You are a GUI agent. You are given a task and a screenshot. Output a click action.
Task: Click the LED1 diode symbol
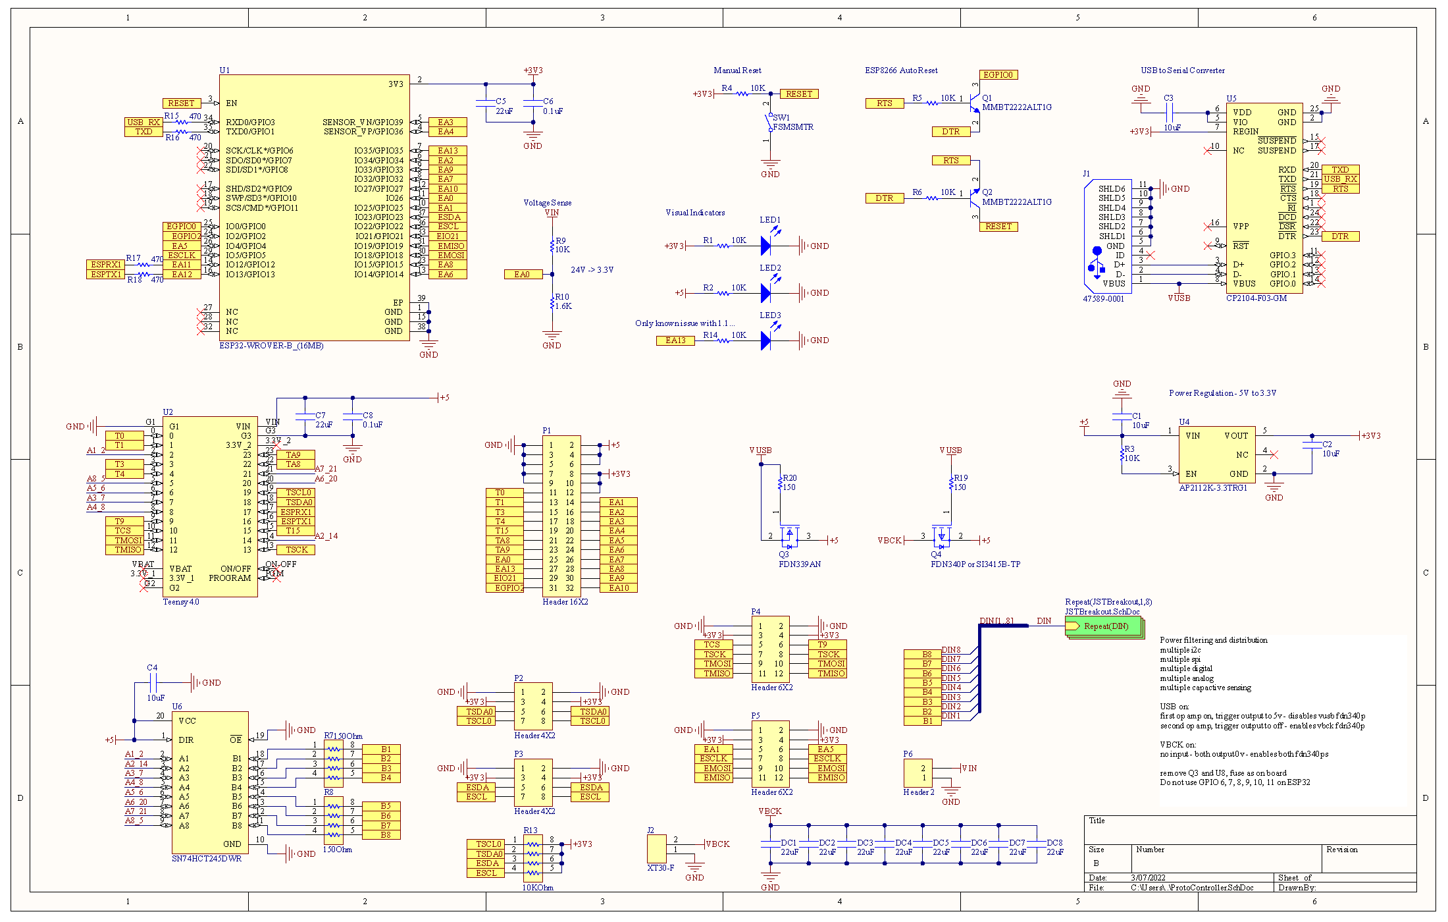pos(766,246)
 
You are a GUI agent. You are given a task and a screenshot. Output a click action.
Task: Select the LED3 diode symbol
pos(766,340)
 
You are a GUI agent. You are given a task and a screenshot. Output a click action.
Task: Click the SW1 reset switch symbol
pos(768,122)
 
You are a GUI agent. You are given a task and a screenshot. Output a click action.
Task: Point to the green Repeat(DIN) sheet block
pos(1104,626)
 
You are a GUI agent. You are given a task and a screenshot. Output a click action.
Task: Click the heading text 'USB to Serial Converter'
pos(1182,70)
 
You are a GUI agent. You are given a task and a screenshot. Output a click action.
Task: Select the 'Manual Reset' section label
pos(737,70)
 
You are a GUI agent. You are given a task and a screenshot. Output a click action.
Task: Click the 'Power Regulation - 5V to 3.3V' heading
pos(1222,393)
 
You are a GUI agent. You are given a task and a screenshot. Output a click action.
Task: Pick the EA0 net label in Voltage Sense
pos(523,275)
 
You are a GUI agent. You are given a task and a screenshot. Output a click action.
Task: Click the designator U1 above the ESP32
pos(224,70)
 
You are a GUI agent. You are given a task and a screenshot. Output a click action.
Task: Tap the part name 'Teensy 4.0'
pos(180,602)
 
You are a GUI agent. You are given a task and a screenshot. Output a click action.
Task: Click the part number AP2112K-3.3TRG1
pos(1212,488)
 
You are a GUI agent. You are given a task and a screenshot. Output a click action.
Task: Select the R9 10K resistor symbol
pos(552,246)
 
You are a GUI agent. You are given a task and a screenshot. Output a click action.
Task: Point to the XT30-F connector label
pos(660,868)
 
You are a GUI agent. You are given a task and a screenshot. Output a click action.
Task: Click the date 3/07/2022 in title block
pos(1148,878)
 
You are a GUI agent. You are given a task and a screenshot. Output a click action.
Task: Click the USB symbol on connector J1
pos(1096,262)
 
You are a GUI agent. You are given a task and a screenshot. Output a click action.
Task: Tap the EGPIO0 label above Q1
pos(998,75)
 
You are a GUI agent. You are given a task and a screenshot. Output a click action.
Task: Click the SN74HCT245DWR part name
pos(206,859)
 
